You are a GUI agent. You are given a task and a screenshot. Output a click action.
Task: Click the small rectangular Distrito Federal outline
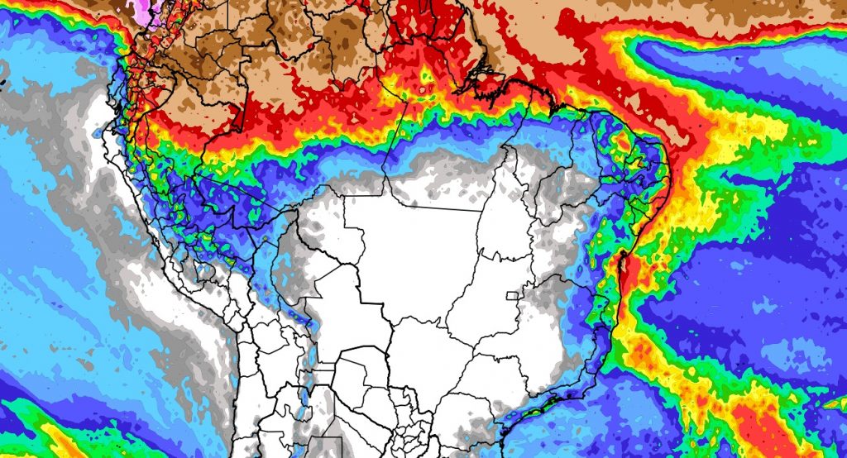pos(514,295)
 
